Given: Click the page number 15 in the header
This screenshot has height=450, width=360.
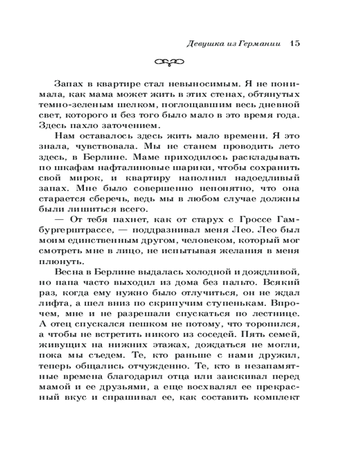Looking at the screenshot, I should coord(295,44).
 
